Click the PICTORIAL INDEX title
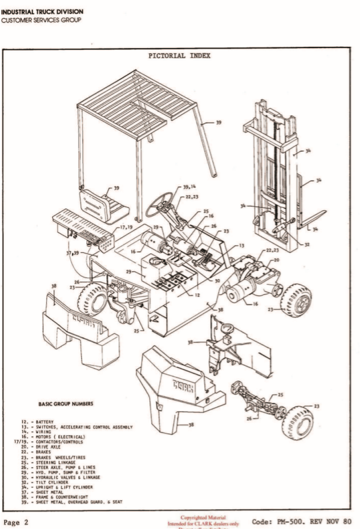tap(179, 56)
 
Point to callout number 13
tap(241, 246)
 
